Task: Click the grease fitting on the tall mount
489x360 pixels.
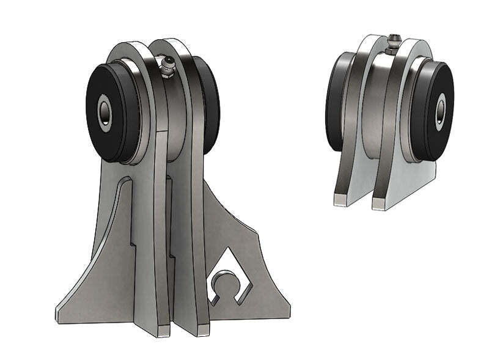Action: (x=166, y=66)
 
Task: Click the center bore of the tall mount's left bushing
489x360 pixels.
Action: (x=105, y=112)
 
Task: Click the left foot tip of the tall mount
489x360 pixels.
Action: (x=161, y=331)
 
